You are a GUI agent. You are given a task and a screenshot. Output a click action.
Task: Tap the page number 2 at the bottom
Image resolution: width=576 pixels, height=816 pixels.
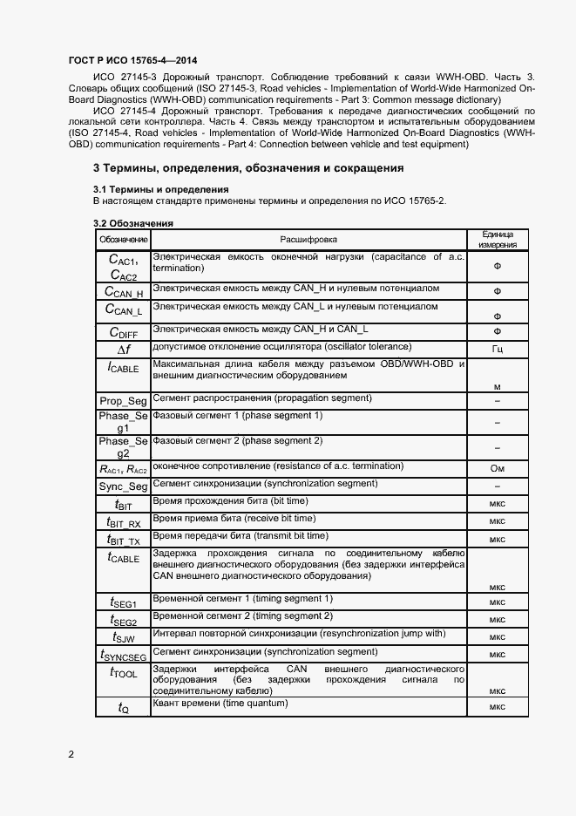click(x=71, y=753)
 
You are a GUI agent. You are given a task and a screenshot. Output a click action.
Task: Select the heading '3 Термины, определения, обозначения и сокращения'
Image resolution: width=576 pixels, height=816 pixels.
click(x=248, y=167)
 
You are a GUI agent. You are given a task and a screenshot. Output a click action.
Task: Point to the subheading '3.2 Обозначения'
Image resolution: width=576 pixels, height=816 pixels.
click(x=132, y=223)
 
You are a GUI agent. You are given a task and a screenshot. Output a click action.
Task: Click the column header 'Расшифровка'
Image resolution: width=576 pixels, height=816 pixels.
click(x=308, y=239)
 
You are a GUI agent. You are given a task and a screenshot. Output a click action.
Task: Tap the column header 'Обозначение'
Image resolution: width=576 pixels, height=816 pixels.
click(x=123, y=239)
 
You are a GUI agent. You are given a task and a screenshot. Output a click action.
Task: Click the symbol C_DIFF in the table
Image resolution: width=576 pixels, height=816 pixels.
click(x=123, y=331)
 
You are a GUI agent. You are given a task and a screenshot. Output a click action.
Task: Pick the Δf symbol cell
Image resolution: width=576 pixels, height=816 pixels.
click(x=123, y=349)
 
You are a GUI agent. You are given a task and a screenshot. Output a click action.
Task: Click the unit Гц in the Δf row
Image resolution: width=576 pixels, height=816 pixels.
click(x=498, y=350)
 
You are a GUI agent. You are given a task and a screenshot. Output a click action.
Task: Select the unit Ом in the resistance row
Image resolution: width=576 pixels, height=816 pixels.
click(x=498, y=469)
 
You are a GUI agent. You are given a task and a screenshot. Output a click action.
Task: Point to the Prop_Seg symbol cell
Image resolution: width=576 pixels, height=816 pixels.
click(x=123, y=399)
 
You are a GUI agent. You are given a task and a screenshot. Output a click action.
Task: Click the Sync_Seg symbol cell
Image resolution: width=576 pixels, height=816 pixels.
click(x=123, y=486)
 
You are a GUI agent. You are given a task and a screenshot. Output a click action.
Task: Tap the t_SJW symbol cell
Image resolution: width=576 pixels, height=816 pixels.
click(x=123, y=637)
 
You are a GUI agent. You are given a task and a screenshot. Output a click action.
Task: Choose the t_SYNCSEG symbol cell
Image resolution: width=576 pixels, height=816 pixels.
click(x=123, y=655)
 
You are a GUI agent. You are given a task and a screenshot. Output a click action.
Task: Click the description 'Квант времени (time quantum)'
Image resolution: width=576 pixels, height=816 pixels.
click(x=220, y=703)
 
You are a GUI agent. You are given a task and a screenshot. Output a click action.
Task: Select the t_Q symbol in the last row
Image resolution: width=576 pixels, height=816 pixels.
click(x=123, y=708)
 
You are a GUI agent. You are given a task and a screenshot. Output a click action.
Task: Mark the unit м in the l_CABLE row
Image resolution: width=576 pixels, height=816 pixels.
click(x=498, y=386)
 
